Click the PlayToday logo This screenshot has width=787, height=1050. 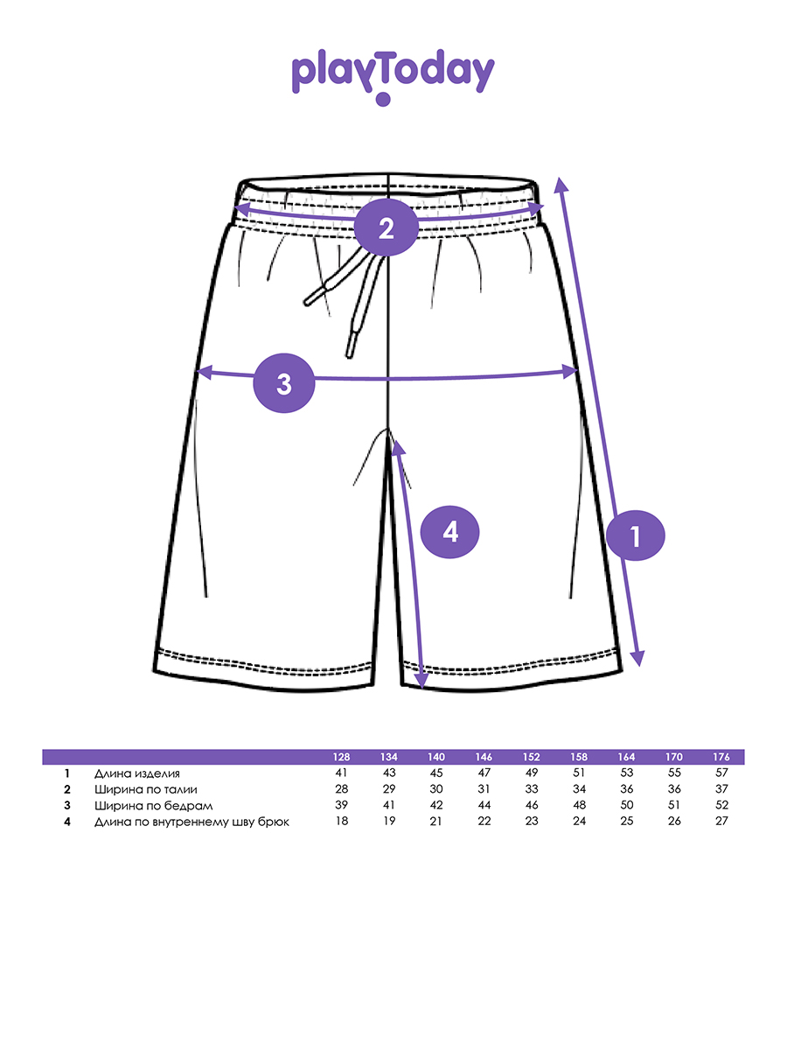393,77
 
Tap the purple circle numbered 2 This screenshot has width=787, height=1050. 387,228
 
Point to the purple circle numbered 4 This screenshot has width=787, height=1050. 450,531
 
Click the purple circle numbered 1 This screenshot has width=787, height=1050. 636,535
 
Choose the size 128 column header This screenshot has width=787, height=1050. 341,757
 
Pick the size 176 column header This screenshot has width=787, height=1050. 721,757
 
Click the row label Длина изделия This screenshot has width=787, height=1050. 137,773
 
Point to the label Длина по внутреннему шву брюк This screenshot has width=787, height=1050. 192,821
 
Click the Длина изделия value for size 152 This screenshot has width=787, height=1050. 532,773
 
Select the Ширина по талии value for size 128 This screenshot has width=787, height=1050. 341,789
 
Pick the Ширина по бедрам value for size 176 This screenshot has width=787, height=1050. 721,805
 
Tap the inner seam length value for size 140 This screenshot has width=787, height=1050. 436,821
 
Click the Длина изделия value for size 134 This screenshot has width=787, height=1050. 388,773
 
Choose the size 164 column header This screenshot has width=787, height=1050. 626,757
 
